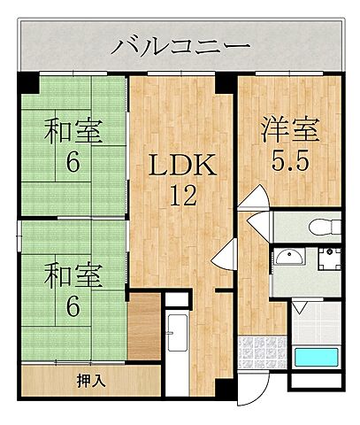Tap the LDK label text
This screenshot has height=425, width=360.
pos(181,166)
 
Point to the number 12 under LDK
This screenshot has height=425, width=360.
pos(182,197)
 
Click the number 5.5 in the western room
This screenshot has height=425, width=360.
pos(290,160)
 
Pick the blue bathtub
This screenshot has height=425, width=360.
pos(316,359)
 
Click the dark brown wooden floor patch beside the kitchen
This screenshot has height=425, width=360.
pos(147,329)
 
